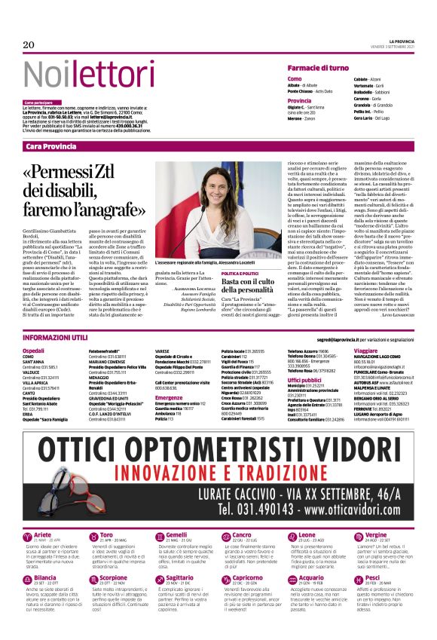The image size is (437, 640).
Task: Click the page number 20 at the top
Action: coord(29,45)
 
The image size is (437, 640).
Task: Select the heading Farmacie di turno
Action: coord(318,69)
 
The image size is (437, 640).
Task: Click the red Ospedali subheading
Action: coord(34,351)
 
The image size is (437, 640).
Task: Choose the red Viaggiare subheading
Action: coord(365,351)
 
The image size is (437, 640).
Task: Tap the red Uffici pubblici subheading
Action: coord(304,380)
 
